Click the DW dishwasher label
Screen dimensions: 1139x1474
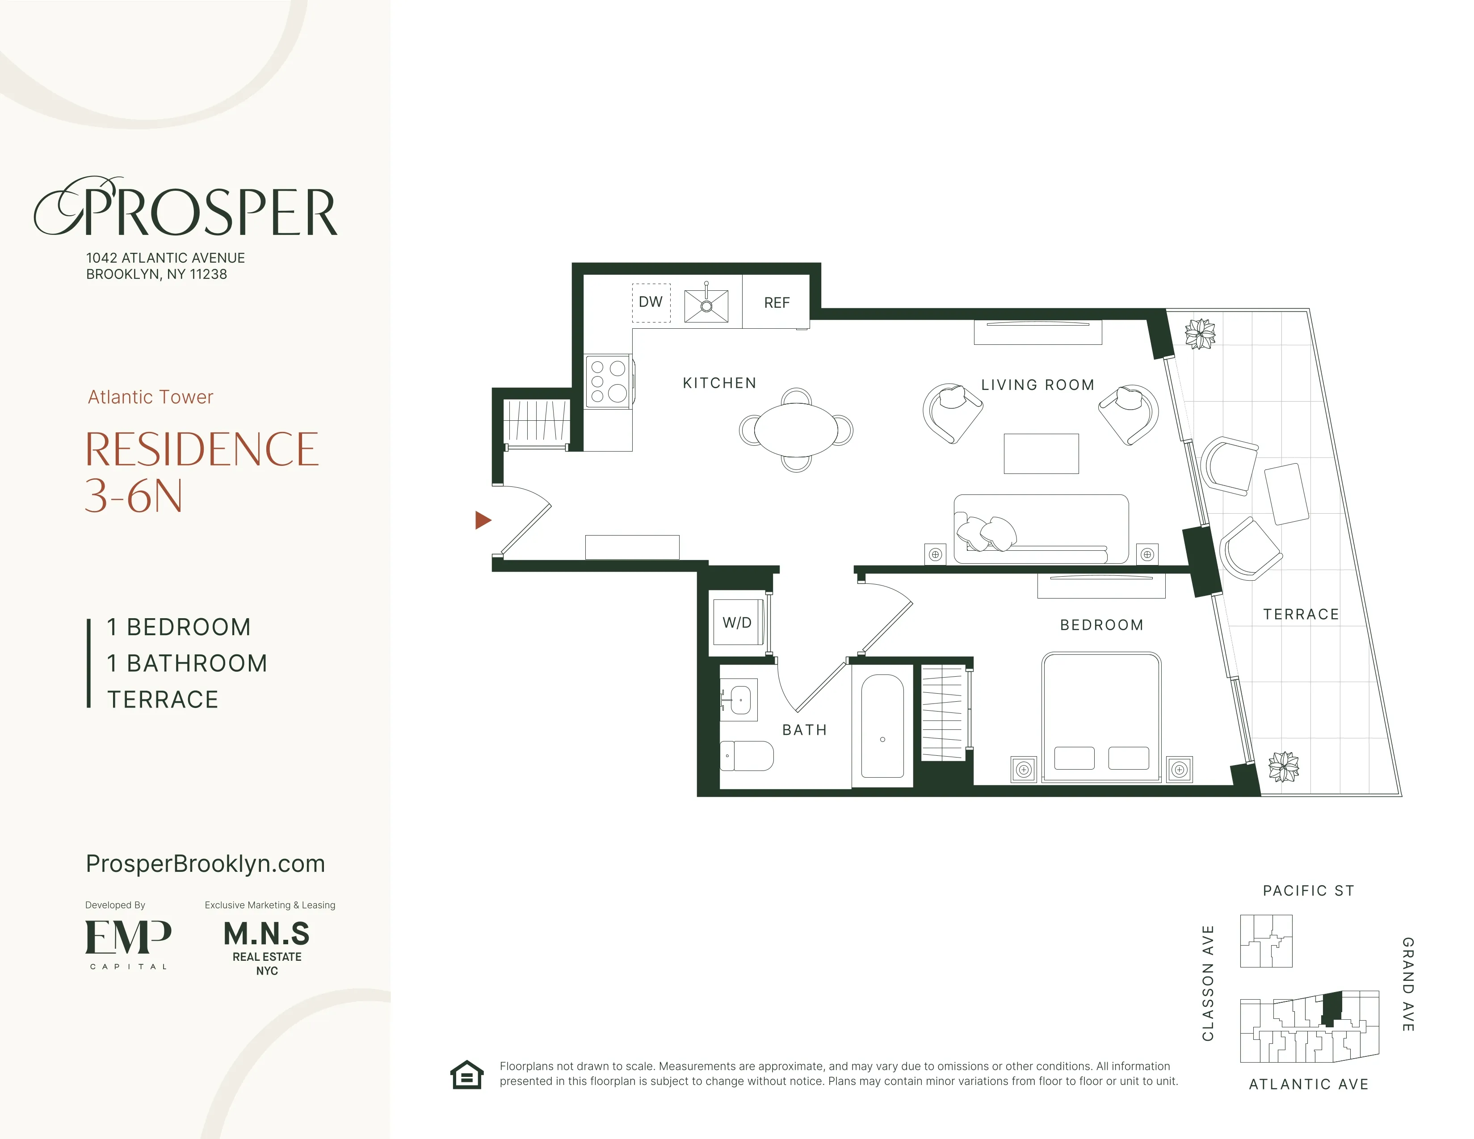coord(651,302)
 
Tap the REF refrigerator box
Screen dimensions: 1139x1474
coord(776,302)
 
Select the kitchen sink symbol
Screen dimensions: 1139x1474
coord(706,306)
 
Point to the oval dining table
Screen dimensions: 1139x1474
coord(796,430)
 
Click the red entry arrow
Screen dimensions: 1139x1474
coord(483,519)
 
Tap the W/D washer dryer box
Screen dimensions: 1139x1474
coord(737,622)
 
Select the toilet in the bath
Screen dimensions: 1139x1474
coord(748,756)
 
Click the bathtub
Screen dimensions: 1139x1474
coord(882,725)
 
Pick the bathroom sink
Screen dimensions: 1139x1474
coord(739,700)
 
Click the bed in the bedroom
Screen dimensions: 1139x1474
coord(1101,716)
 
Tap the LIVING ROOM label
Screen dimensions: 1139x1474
coord(1037,385)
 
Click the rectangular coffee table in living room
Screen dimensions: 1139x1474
coord(1041,453)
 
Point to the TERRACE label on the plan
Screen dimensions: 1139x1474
coord(1301,614)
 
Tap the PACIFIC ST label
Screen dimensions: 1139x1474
coord(1308,891)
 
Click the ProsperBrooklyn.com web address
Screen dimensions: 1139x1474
coord(205,864)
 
